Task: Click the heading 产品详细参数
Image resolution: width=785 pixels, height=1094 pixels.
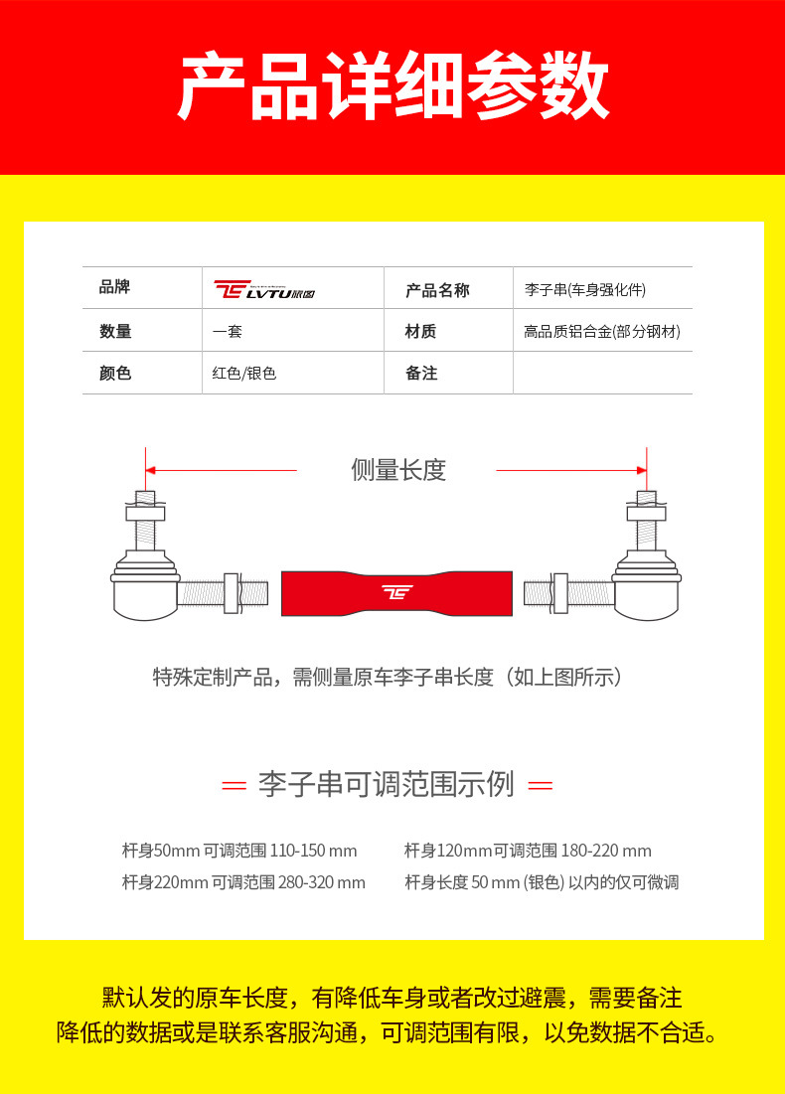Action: pos(392,87)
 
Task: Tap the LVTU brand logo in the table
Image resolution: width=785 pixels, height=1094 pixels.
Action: pos(264,289)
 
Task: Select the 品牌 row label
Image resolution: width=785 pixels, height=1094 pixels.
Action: pos(115,288)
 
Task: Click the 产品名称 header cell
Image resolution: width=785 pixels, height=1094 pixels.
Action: pos(437,290)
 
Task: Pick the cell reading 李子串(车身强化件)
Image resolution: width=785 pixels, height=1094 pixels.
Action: pos(585,290)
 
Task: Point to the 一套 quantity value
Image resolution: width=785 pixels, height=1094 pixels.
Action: pos(228,332)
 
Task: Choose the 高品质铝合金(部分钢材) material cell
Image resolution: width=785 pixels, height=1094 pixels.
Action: pos(602,332)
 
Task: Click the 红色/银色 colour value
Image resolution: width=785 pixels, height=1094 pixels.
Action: pos(244,374)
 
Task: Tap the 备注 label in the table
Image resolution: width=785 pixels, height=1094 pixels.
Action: pos(421,374)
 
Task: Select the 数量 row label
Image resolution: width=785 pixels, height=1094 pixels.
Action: pos(115,332)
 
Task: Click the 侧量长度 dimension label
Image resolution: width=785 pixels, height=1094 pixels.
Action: pos(398,470)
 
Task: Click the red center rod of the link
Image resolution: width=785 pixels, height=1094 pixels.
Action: pos(396,593)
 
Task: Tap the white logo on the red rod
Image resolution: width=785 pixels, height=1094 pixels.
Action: pos(397,593)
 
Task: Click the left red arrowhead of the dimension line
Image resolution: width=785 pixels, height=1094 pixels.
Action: pos(151,470)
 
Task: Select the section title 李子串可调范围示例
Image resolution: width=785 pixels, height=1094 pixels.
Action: pos(387,784)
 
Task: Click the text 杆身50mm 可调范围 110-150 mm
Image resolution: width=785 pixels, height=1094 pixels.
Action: pos(239,851)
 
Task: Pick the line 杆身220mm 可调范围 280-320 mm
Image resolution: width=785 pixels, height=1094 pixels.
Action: pos(243,882)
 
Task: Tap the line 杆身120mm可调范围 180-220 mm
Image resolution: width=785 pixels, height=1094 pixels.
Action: pos(528,851)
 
